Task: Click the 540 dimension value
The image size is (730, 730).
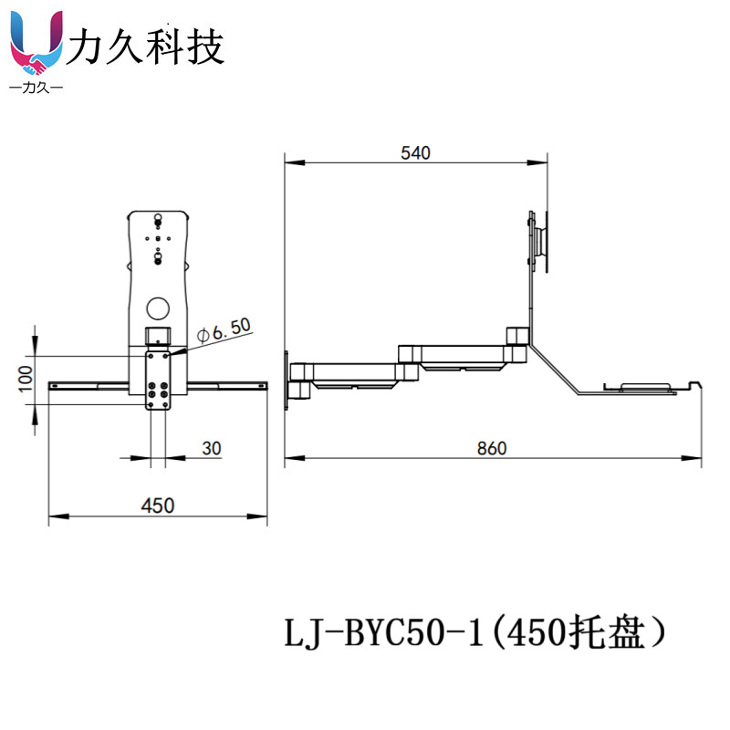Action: coord(415,152)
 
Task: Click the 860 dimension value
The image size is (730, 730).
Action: coord(492,448)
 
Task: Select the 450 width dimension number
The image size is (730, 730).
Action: coord(158,506)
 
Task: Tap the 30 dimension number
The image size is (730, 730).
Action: coord(212,448)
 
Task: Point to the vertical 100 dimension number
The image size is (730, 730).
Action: coord(26,379)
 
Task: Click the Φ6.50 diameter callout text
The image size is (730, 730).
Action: coord(224,329)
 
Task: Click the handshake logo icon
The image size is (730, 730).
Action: coord(36,43)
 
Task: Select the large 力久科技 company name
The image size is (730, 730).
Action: coord(145,46)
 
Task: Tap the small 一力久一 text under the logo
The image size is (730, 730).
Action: coord(36,87)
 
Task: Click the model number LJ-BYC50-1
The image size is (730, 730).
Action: coord(384,633)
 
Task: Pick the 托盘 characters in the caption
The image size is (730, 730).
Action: coord(607,632)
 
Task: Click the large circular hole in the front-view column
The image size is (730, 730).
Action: coord(158,308)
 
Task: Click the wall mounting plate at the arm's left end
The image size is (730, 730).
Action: coord(287,381)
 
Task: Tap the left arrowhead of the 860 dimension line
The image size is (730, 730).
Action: coord(294,458)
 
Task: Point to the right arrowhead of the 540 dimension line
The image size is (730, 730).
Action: coord(537,163)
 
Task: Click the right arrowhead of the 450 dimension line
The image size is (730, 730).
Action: coord(257,516)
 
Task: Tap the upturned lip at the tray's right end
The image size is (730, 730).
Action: coord(694,384)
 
